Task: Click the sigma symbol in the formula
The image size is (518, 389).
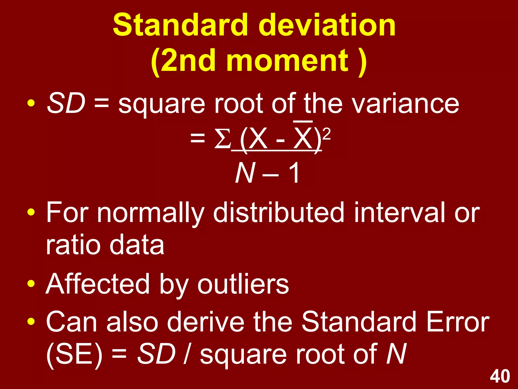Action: (x=222, y=139)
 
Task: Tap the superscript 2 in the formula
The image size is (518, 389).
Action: (x=327, y=134)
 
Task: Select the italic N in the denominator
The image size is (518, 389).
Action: (x=245, y=173)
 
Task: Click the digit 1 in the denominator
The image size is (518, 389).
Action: (x=294, y=173)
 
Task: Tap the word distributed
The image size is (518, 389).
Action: (x=278, y=213)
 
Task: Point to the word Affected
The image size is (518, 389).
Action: (x=98, y=285)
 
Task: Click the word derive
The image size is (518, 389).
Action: (x=206, y=322)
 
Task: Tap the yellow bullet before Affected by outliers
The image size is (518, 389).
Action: (x=31, y=284)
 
